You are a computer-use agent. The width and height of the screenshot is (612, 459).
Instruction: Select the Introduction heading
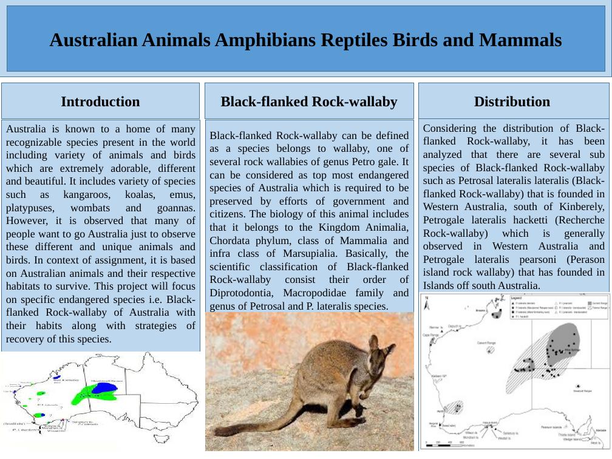pos(100,101)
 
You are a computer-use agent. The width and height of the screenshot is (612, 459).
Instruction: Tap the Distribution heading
pos(512,101)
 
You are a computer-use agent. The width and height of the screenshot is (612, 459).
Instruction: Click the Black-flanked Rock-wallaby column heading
pos(309,101)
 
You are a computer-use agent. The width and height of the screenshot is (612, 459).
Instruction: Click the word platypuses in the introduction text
pos(29,208)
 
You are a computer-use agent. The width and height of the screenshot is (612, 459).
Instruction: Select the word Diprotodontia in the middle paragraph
pos(240,293)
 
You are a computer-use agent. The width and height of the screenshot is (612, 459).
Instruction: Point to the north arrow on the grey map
pos(427,298)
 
